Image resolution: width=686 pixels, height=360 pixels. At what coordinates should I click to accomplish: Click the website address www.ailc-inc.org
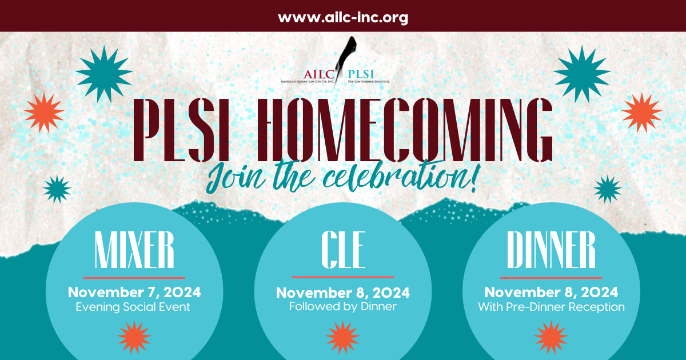coord(343,18)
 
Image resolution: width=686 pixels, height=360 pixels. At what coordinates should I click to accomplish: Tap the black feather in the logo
coord(346,58)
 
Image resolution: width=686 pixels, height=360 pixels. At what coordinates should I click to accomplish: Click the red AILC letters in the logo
coord(319,74)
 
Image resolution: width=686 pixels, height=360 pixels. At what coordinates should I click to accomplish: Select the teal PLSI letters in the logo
coord(361,74)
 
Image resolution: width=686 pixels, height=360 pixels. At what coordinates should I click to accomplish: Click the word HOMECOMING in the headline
coord(404,130)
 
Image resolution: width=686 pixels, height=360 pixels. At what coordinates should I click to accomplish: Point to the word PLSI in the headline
coord(181,130)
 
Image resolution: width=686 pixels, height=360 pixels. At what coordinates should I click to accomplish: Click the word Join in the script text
coord(235,178)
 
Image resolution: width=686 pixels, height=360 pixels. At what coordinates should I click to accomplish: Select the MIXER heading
coord(134,250)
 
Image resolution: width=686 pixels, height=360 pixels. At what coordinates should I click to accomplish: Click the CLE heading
coord(343,250)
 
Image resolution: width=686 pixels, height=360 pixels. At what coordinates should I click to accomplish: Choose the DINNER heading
coord(551,250)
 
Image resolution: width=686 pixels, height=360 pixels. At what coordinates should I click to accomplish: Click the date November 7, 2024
coord(134,292)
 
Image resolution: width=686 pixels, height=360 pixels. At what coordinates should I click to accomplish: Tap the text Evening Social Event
coord(133,307)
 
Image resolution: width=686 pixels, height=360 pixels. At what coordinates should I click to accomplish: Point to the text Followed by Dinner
coord(342,306)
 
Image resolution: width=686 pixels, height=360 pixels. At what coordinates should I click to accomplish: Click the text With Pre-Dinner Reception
coord(551,307)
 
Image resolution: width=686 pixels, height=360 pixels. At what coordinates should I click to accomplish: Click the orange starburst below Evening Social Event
coord(134,337)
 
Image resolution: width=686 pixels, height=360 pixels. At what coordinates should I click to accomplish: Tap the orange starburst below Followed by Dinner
coord(342,337)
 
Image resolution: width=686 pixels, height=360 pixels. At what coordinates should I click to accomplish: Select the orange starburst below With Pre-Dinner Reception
coord(551,337)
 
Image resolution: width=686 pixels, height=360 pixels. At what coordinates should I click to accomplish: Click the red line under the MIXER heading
coord(134,278)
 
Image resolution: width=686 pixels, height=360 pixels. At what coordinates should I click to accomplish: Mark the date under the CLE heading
coord(342,293)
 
